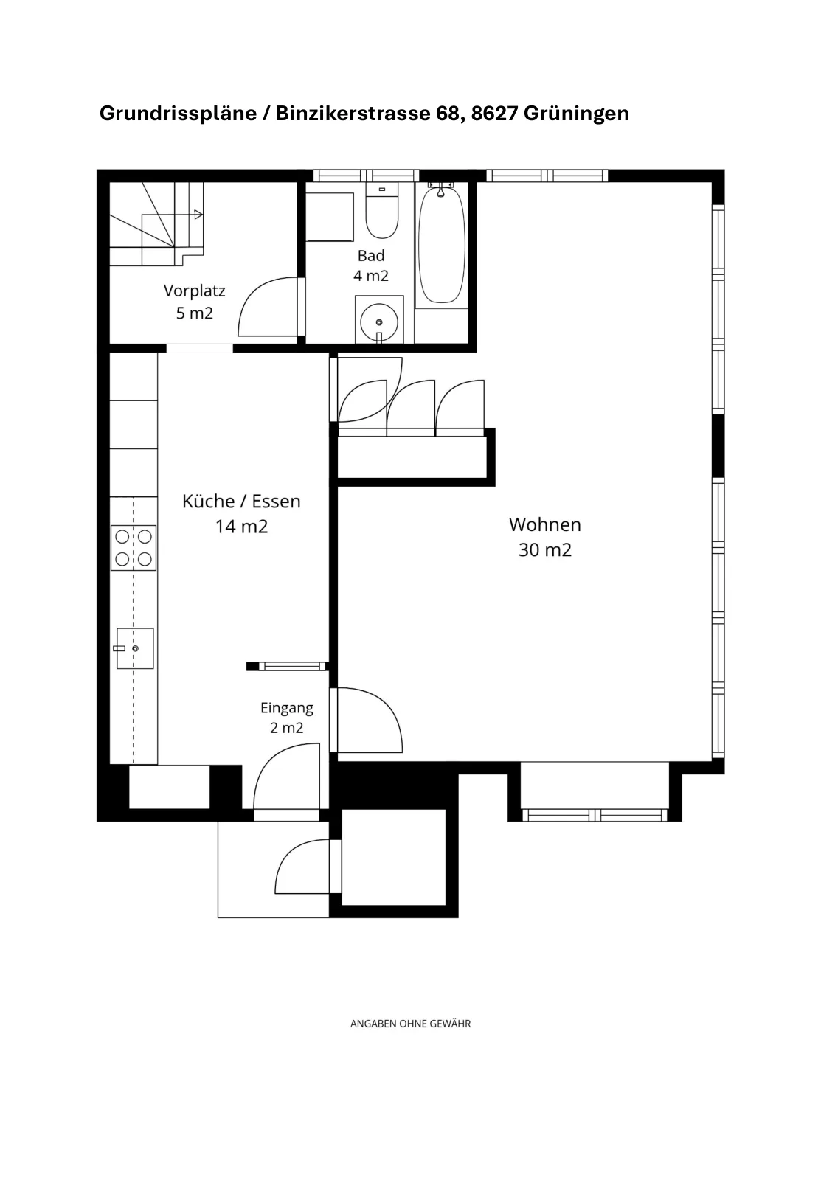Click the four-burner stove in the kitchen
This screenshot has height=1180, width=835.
click(134, 548)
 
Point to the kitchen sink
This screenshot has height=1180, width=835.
click(135, 648)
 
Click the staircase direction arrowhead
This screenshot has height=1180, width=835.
click(198, 215)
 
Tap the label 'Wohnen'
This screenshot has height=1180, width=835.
click(544, 524)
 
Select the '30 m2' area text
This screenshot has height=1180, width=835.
click(544, 550)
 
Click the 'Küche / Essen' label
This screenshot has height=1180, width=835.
click(241, 501)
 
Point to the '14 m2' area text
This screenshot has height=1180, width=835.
click(241, 527)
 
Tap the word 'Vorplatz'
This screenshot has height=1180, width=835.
click(195, 291)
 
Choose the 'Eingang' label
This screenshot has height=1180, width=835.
click(287, 708)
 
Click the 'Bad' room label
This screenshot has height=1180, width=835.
click(371, 255)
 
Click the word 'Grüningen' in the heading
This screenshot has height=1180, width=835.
click(576, 114)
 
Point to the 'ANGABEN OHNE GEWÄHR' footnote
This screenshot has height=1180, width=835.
click(410, 1024)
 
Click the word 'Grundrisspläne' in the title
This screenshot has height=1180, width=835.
click(178, 114)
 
